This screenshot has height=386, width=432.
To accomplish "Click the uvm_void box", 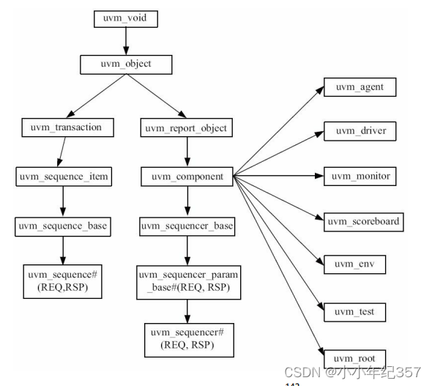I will tap(126, 19).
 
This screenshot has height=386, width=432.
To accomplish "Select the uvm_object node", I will tap(126, 64).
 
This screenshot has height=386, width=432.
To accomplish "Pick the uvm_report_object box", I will tap(187, 128).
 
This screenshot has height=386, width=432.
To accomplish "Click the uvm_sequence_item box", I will tap(64, 177).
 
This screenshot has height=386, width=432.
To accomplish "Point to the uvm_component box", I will tap(187, 177).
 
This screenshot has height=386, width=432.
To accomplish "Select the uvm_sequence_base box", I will tap(63, 226).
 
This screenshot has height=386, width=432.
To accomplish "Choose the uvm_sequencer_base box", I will tap(187, 226).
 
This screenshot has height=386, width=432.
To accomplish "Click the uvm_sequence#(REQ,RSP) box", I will tap(63, 281).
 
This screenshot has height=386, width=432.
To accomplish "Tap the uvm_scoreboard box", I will tap(365, 220).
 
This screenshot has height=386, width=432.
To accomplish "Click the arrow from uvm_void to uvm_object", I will tap(126, 41).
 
